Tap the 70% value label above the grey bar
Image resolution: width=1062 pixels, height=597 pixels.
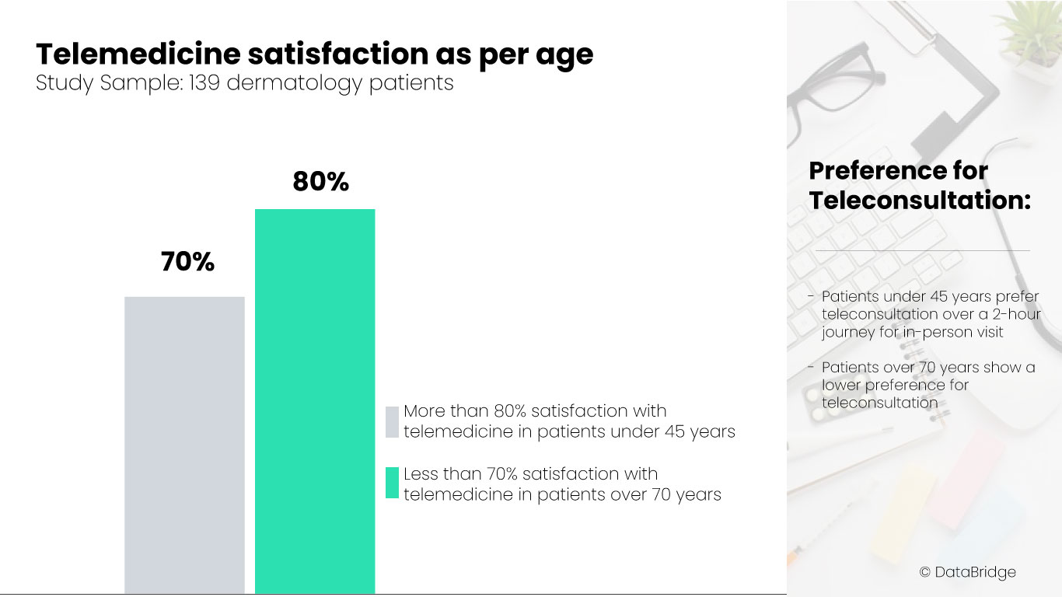point(187,263)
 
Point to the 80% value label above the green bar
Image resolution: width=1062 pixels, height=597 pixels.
point(320,182)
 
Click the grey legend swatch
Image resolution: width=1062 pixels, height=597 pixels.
point(392,421)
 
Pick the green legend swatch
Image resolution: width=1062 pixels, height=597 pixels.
point(392,484)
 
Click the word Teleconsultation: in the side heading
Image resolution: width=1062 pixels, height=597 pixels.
point(920,200)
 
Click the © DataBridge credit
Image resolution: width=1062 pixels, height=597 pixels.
point(967,572)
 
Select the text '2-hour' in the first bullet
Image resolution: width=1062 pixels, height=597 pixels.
point(1015,314)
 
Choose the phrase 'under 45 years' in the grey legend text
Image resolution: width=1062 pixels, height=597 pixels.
point(676,431)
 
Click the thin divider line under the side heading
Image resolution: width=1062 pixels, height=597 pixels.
point(923,250)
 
